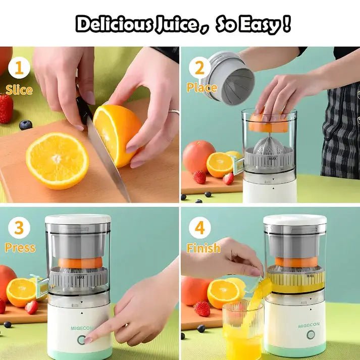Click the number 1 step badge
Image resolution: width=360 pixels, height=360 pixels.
point(19,68)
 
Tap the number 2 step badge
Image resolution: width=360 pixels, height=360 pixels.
point(199,68)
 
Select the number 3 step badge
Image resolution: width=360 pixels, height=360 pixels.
point(19,228)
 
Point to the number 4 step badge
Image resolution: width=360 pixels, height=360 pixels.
point(200,228)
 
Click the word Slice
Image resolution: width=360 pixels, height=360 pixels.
point(19,90)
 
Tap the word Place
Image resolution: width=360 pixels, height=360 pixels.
point(201,87)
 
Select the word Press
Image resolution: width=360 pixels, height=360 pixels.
point(20,248)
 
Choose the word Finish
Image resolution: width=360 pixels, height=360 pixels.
point(203,248)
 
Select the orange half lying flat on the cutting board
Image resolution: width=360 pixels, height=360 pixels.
point(57,161)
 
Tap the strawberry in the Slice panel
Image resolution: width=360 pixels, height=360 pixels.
point(6,109)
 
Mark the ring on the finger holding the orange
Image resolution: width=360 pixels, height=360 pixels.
point(174,112)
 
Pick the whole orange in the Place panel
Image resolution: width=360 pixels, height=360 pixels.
point(198,156)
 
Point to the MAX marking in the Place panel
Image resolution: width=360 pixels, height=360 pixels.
point(273,159)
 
